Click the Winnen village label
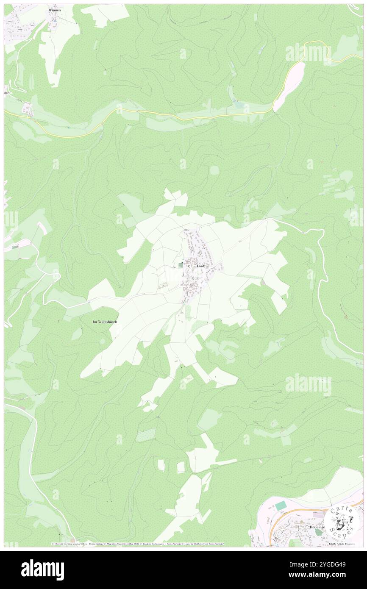click(55, 10)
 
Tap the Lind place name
click(201, 266)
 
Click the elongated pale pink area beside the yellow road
click(289, 86)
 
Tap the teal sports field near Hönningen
click(280, 506)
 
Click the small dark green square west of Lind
click(181, 265)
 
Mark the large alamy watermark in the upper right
click(308, 53)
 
